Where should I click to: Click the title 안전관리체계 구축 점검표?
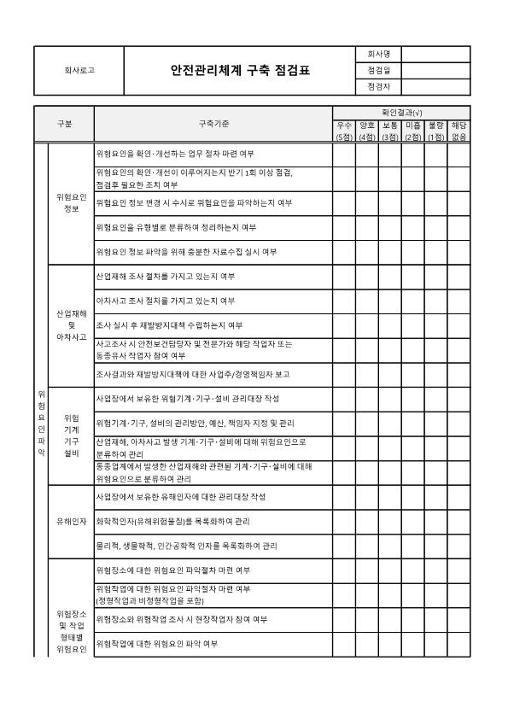point(240,70)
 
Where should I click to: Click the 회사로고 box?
point(79,70)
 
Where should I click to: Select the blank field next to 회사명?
point(435,54)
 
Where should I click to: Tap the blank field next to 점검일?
point(435,70)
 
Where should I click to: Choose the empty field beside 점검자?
point(435,86)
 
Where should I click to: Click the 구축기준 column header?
point(213,124)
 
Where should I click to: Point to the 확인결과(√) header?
point(401,113)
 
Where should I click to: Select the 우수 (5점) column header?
point(344,131)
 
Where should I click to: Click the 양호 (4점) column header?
point(367,131)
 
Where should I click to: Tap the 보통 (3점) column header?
point(390,131)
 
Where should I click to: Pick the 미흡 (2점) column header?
point(413,131)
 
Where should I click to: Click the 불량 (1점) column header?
point(436,131)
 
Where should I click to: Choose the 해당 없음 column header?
point(459,131)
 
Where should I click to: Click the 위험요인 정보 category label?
point(71,203)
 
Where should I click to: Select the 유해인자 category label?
point(71,520)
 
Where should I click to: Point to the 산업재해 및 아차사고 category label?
point(71,324)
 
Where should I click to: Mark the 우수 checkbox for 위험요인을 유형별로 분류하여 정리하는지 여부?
point(344,228)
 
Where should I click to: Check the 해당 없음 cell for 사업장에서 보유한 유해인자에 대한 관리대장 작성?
point(459,496)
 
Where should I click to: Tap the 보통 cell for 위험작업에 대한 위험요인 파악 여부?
point(390,643)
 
